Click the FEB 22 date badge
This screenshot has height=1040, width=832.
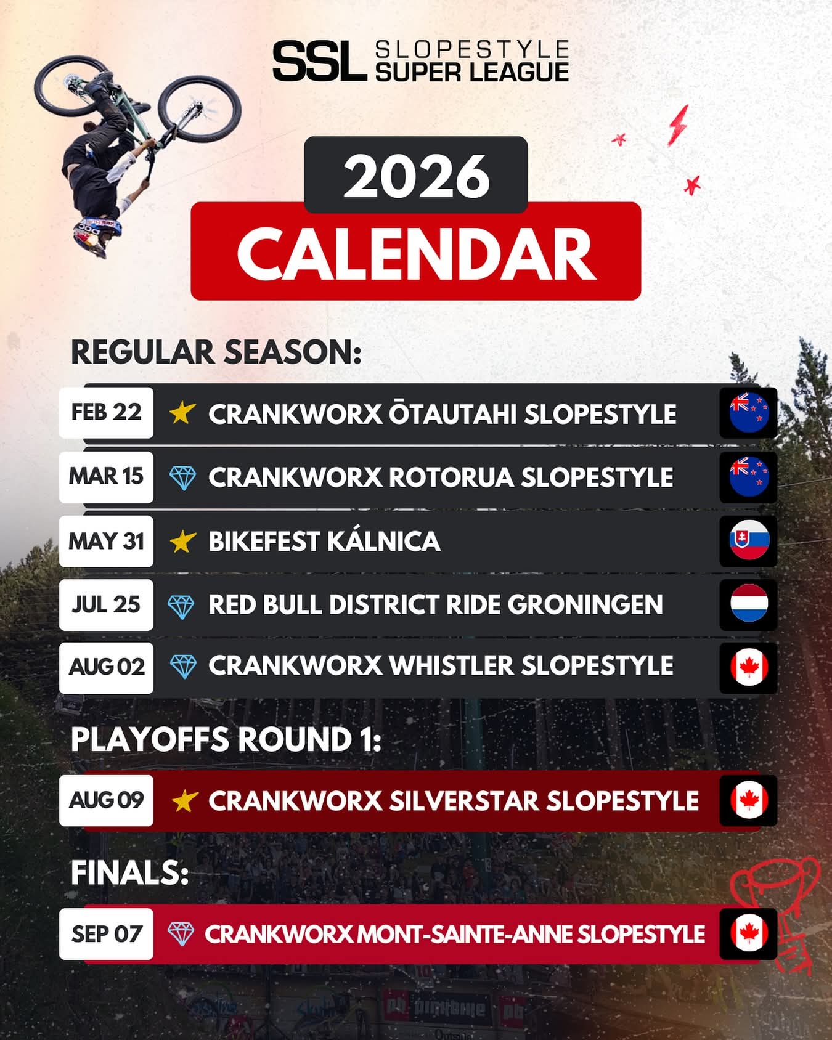(x=106, y=412)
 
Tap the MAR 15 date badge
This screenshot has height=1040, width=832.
(x=106, y=476)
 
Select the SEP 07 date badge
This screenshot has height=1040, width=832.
(x=106, y=934)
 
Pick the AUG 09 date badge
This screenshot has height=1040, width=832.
(x=106, y=800)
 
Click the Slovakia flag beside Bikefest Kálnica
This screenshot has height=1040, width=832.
(x=749, y=540)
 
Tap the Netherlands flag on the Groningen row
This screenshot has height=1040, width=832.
(x=749, y=604)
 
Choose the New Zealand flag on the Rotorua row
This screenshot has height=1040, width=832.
(x=749, y=476)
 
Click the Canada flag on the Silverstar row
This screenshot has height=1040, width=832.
(x=749, y=800)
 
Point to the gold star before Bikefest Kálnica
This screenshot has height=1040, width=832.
(x=182, y=541)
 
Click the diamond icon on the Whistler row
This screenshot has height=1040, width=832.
(x=182, y=667)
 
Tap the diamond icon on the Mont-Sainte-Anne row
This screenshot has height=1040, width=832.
(x=181, y=934)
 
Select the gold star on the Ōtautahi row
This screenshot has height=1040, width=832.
(x=182, y=413)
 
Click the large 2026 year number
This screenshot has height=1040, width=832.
(x=417, y=176)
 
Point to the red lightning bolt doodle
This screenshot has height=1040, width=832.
(x=678, y=124)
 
